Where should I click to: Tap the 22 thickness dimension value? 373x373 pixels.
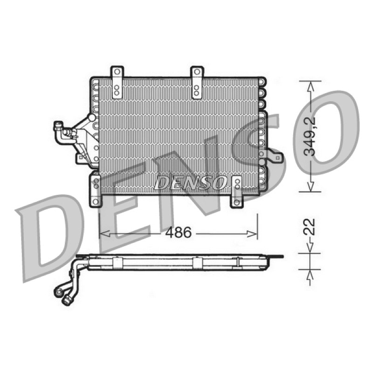coord(310,227)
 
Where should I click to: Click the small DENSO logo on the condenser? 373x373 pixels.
coord(190,183)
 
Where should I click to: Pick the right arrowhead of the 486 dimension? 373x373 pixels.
coord(252,234)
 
